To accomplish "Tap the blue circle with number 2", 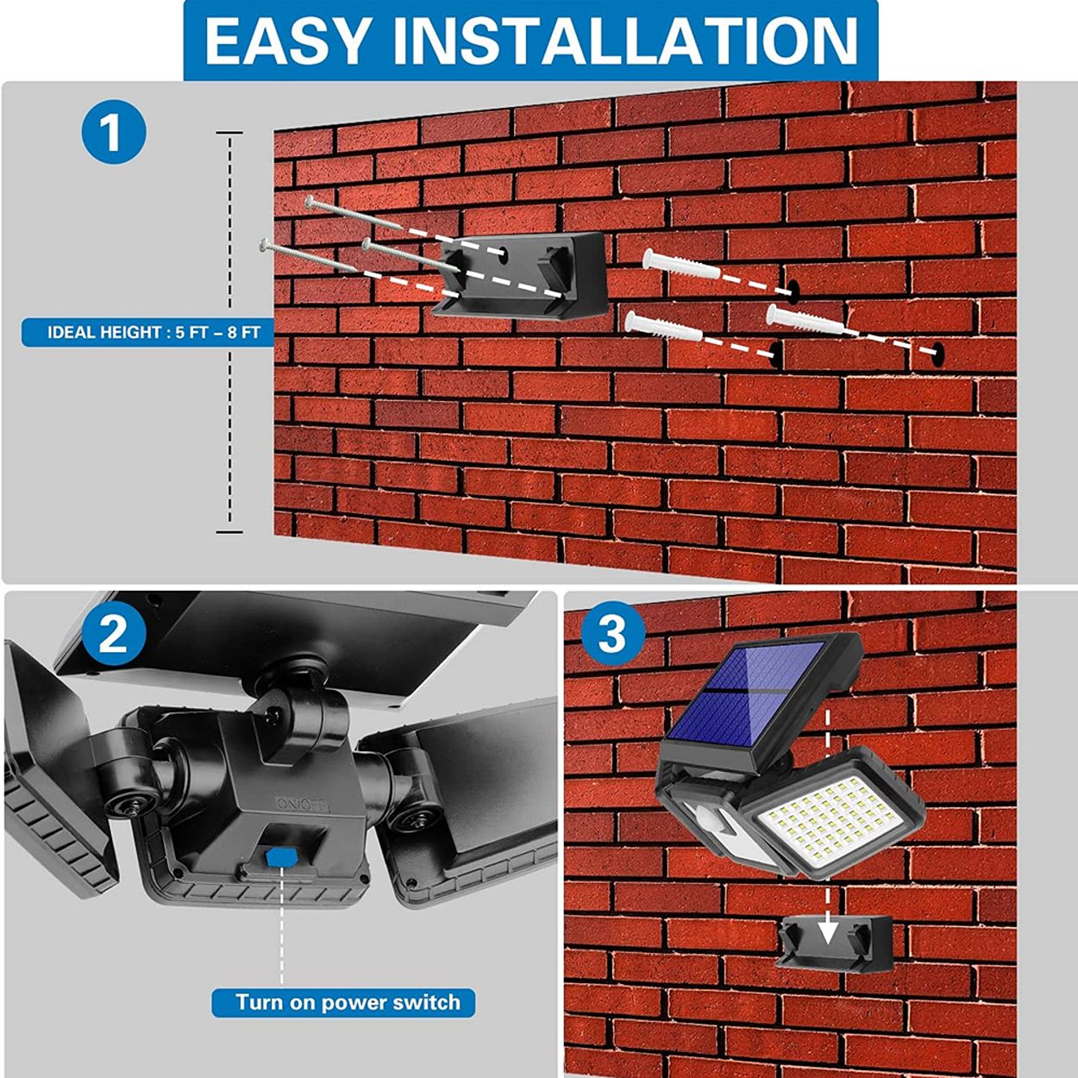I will [x=113, y=636].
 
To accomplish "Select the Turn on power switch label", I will [x=343, y=1002].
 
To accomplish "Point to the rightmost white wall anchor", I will [x=802, y=318].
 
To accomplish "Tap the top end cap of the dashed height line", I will [x=229, y=134].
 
